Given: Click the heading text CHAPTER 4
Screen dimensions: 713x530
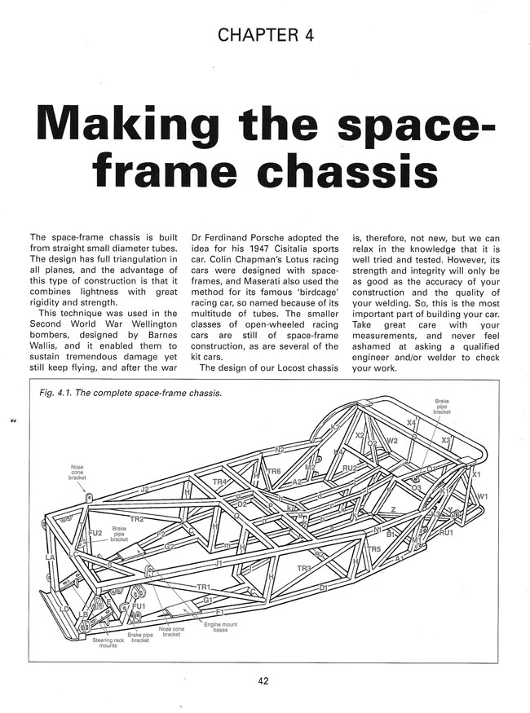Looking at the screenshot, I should tap(265, 34).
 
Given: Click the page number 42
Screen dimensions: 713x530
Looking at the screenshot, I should tap(265, 680).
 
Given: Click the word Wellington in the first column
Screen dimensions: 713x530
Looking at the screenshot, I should tap(152, 306).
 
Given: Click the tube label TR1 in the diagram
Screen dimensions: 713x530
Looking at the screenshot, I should tap(204, 587).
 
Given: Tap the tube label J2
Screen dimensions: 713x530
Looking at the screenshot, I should tap(144, 490).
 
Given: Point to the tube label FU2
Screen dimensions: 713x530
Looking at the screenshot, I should tap(95, 534).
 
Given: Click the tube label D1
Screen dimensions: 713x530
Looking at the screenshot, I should tap(323, 587).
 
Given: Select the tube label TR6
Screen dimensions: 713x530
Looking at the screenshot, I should tap(273, 472).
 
